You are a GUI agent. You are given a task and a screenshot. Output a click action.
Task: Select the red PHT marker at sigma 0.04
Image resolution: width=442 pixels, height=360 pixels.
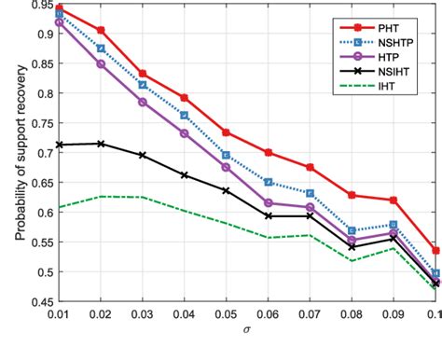(184, 98)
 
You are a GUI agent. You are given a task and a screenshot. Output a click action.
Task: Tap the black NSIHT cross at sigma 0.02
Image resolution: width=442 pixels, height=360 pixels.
(101, 144)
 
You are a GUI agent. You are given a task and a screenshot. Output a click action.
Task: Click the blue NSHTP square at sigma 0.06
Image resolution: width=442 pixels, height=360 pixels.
(268, 183)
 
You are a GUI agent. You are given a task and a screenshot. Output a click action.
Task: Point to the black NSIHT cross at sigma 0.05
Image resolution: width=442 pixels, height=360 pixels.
(226, 190)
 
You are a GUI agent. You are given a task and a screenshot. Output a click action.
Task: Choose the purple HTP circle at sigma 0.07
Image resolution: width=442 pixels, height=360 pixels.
(310, 207)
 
